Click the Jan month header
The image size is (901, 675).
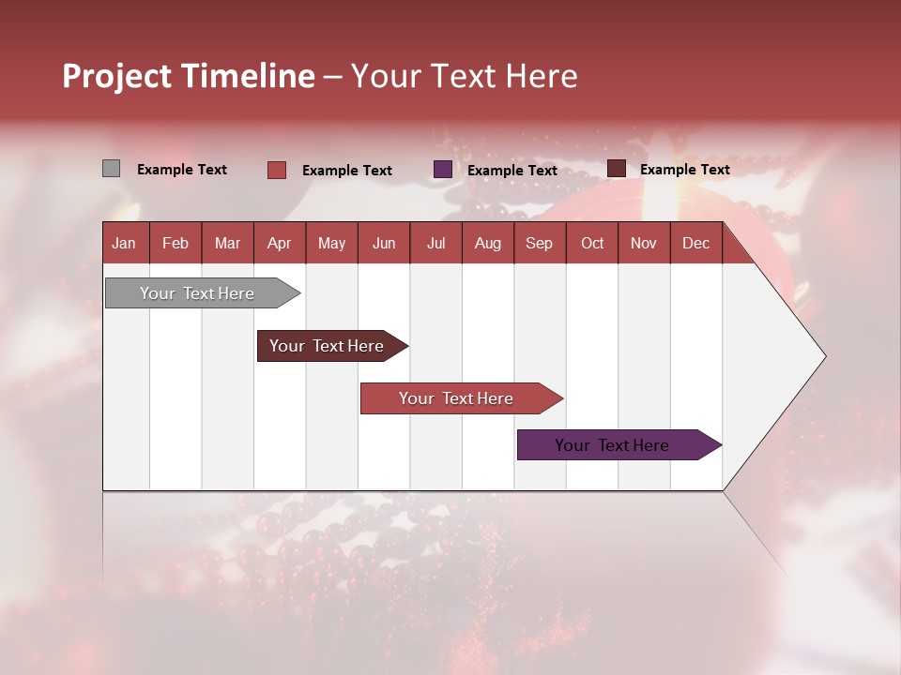(125, 243)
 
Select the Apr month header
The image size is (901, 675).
(280, 243)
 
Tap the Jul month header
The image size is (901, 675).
(435, 243)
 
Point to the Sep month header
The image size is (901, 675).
(539, 243)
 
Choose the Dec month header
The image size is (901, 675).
(695, 243)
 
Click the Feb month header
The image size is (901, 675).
(176, 243)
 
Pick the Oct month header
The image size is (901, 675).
(592, 243)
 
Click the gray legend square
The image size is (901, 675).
(111, 169)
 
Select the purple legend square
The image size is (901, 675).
(443, 170)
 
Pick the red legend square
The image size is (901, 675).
(276, 170)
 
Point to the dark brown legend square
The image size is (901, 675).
(616, 169)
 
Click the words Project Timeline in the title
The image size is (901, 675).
(189, 76)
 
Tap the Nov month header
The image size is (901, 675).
(644, 243)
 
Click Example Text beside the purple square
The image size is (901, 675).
(512, 171)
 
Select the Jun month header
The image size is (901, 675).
(384, 243)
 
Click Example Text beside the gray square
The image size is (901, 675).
(182, 170)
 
